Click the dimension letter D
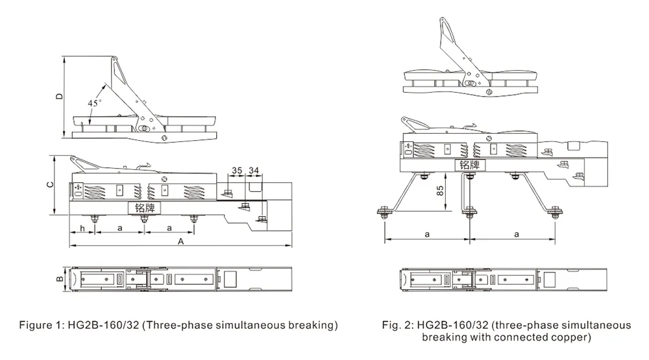pos(59,97)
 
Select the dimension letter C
pos(50,185)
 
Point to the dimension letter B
pos(58,280)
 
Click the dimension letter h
pos(82,228)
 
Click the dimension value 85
pos(440,191)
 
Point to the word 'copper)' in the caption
pos(572,337)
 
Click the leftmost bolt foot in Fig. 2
pos(384,210)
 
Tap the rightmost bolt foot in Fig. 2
pos(556,210)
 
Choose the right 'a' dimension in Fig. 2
pos(517,234)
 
